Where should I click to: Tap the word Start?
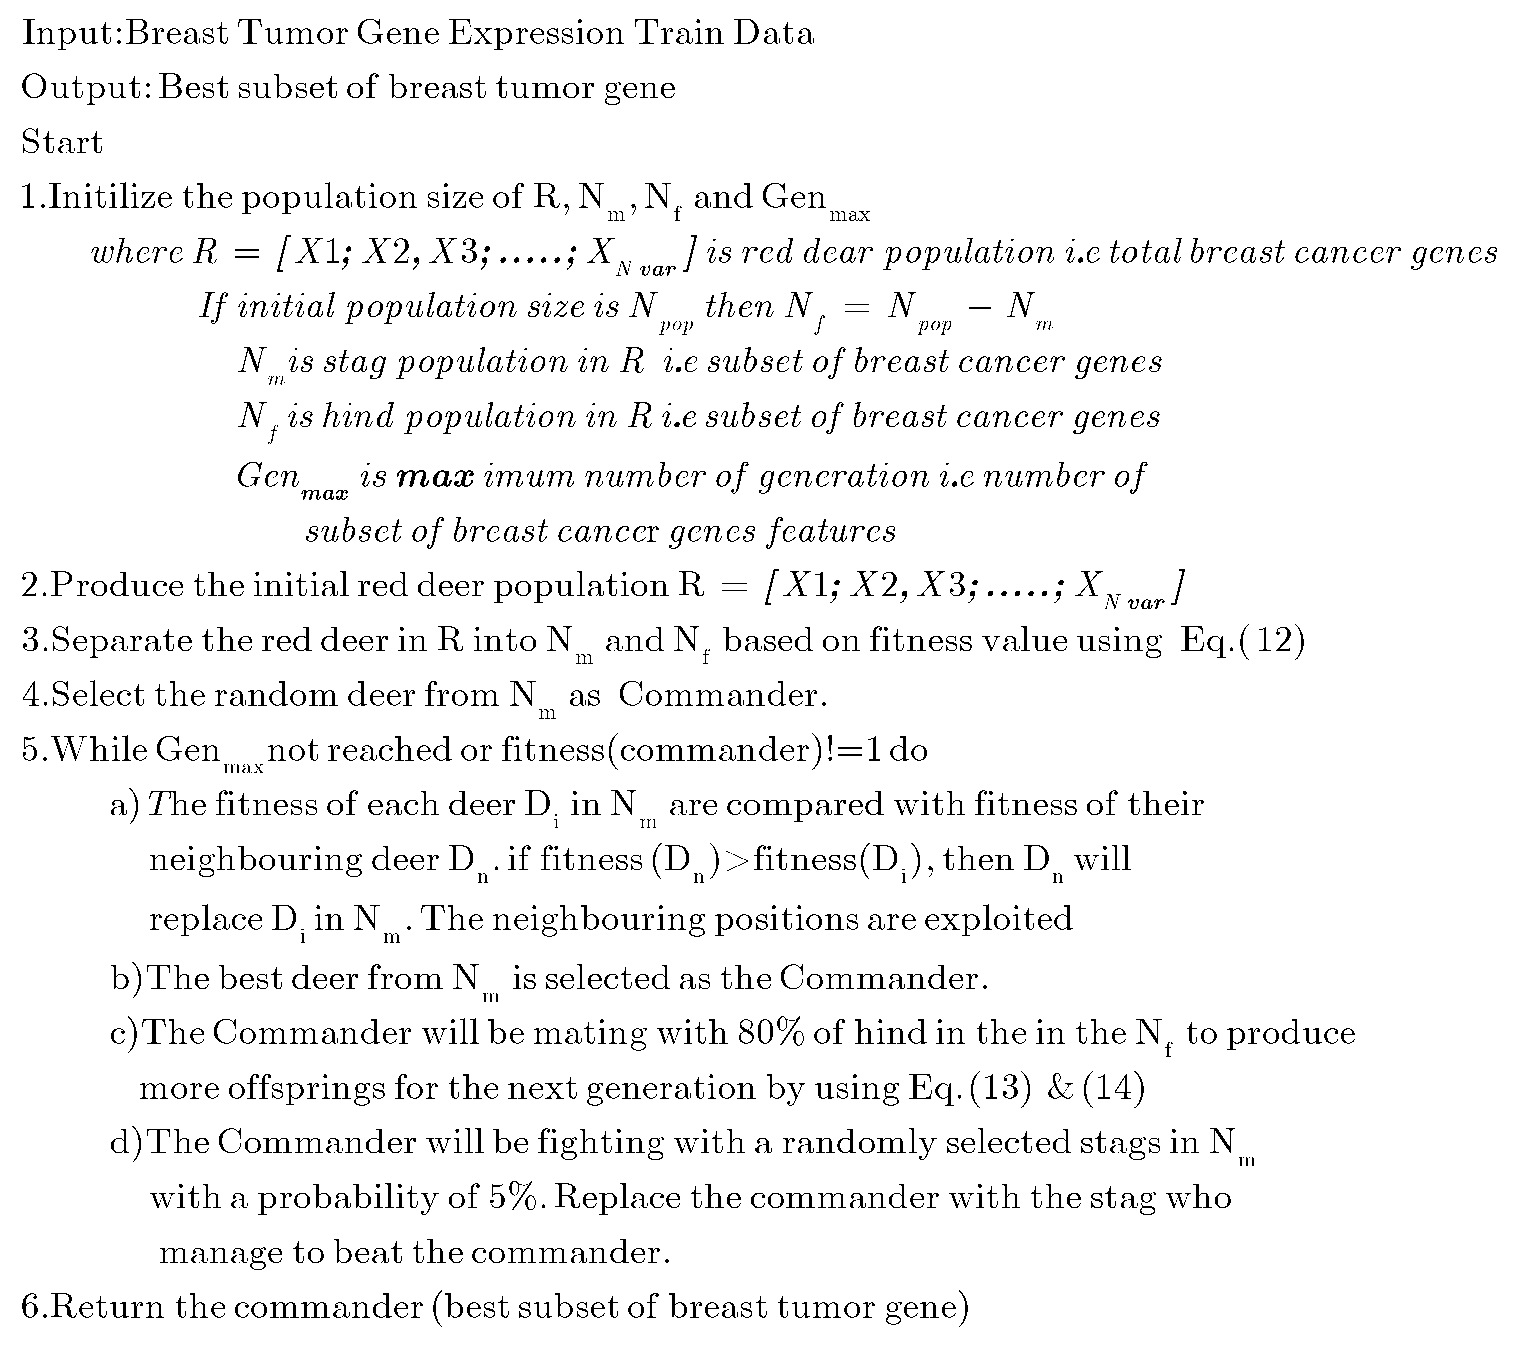(x=62, y=142)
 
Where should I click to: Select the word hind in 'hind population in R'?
(x=358, y=417)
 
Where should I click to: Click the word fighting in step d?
(x=600, y=1143)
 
